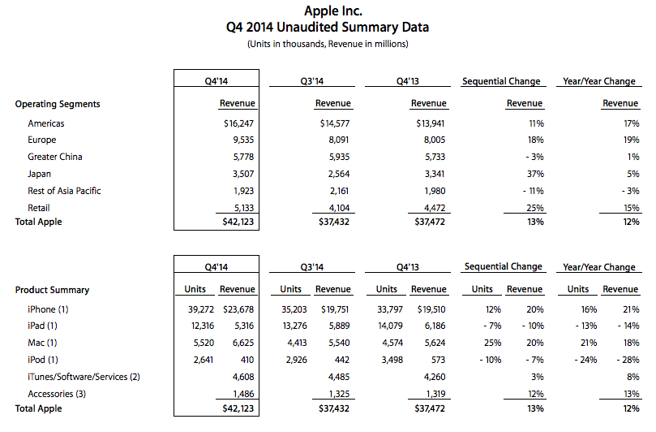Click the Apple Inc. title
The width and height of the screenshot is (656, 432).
(x=333, y=11)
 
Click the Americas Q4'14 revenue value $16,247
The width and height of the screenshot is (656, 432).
(x=238, y=123)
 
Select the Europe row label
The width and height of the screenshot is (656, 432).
(x=42, y=140)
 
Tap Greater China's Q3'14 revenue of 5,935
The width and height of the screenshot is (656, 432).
(x=339, y=158)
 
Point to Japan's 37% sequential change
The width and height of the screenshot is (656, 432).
(x=535, y=174)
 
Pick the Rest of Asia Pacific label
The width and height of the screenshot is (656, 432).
(x=64, y=191)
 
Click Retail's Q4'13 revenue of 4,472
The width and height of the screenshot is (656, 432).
(x=435, y=208)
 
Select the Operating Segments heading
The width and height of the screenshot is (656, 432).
(x=58, y=104)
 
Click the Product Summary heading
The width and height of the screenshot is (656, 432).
(x=52, y=290)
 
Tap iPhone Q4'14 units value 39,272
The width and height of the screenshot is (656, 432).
(x=201, y=309)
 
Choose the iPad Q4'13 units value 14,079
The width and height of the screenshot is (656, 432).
(x=390, y=326)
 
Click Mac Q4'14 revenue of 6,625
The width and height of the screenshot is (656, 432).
(x=243, y=343)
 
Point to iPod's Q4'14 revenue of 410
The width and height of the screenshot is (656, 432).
(x=247, y=360)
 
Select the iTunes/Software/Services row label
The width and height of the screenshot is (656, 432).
(x=84, y=377)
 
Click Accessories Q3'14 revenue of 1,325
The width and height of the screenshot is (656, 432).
(x=339, y=394)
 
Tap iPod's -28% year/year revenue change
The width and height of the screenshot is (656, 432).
(x=628, y=360)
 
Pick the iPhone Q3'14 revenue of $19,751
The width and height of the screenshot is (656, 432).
(x=335, y=309)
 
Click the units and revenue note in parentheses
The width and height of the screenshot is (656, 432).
(x=328, y=44)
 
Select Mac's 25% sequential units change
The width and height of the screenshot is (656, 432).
(x=492, y=343)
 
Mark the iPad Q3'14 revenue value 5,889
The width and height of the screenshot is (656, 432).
(x=339, y=326)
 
